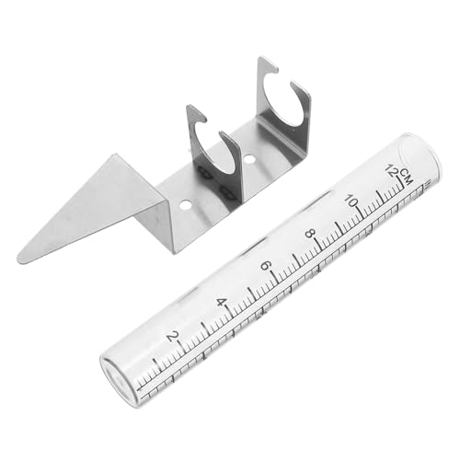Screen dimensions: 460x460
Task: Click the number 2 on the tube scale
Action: [172, 337]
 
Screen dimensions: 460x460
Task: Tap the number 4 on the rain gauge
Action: [221, 303]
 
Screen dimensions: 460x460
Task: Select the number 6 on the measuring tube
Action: [266, 266]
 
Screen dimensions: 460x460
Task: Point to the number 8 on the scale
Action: [310, 234]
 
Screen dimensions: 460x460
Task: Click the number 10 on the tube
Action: [351, 201]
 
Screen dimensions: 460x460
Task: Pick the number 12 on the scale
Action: [392, 170]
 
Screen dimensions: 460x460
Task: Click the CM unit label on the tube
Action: [406, 177]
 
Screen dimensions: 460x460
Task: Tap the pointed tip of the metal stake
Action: [19, 259]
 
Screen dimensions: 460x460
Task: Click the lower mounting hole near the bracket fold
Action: [184, 204]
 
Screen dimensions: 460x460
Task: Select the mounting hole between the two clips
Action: [249, 159]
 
